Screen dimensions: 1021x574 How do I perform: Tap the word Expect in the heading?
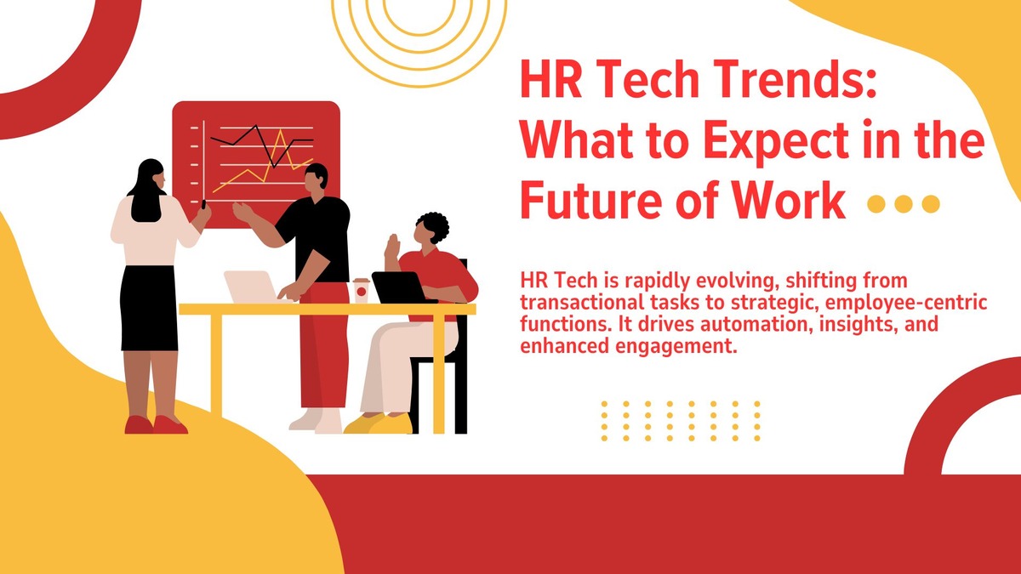[x=776, y=141]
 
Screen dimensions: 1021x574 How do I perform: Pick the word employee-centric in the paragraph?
[x=906, y=303]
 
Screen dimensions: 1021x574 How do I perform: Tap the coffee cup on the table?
[x=361, y=290]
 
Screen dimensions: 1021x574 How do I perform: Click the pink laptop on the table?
[x=254, y=287]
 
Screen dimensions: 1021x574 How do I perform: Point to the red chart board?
[x=256, y=164]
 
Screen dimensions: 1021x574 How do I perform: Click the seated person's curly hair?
[x=433, y=226]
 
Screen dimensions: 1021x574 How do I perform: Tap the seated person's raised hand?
[x=392, y=246]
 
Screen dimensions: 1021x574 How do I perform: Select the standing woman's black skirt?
[x=149, y=309]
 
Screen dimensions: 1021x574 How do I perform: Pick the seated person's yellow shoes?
[x=379, y=423]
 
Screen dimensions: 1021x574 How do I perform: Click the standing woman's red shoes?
[x=156, y=424]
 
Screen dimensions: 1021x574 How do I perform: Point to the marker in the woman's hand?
[x=203, y=203]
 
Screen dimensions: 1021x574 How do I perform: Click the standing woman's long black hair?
[x=146, y=191]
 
